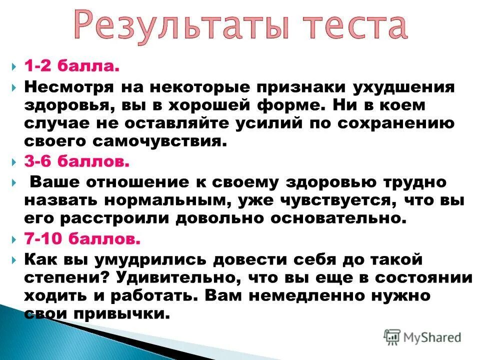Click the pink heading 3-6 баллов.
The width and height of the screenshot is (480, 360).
pos(77,161)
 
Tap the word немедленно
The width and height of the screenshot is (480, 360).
pos(304,295)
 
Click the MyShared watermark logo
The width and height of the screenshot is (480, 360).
pos(422,336)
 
